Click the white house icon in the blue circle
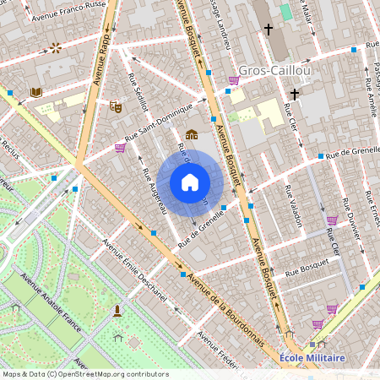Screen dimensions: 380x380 coord(190,182)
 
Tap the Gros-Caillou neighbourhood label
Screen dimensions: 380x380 coord(274,70)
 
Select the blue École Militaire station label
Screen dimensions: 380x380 coord(312,358)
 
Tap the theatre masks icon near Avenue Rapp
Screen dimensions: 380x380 coord(117,106)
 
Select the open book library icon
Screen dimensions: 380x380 coord(35,92)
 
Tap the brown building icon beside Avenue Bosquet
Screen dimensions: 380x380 coord(192,133)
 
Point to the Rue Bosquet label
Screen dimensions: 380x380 coord(305,272)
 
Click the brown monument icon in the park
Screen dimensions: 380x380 coord(117,312)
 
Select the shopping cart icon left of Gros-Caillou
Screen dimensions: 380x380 coord(234,80)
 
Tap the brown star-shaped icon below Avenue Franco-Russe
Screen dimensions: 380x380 coord(56,48)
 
